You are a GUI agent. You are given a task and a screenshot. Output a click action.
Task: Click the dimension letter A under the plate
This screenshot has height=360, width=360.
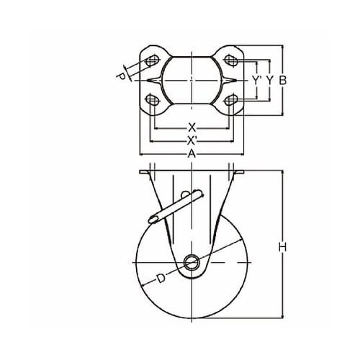pyautogui.click(x=192, y=154)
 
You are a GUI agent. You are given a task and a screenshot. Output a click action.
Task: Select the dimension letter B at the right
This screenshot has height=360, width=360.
pyautogui.click(x=283, y=81)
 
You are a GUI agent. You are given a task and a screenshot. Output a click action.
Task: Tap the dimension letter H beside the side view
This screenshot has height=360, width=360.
pyautogui.click(x=283, y=247)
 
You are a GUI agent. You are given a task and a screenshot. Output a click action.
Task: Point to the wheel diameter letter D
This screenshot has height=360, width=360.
pyautogui.click(x=161, y=278)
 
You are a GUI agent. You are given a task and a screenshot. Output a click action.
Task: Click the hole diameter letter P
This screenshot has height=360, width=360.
pyautogui.click(x=121, y=76)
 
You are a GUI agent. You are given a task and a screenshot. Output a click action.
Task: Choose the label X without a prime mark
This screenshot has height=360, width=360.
pyautogui.click(x=192, y=127)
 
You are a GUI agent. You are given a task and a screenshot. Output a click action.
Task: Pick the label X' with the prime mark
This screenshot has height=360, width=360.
pyautogui.click(x=192, y=141)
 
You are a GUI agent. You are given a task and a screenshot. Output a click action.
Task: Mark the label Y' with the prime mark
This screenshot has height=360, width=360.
pyautogui.click(x=257, y=81)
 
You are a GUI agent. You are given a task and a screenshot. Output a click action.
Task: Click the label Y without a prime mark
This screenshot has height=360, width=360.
pyautogui.click(x=270, y=81)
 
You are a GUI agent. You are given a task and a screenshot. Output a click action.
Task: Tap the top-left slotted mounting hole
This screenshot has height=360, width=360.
pyautogui.click(x=152, y=60)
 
